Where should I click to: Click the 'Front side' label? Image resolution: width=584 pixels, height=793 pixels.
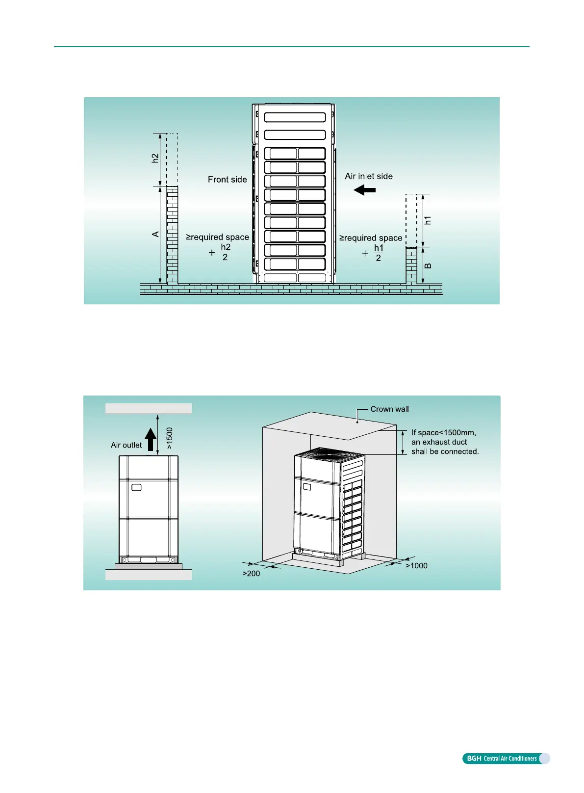pyautogui.click(x=227, y=180)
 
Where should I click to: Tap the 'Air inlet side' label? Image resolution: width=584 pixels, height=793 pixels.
pyautogui.click(x=369, y=176)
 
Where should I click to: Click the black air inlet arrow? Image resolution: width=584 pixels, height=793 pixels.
pyautogui.click(x=365, y=189)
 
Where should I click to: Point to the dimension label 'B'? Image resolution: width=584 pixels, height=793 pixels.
pyautogui.click(x=428, y=266)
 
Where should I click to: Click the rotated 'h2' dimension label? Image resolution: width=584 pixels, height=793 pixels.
pyautogui.click(x=155, y=159)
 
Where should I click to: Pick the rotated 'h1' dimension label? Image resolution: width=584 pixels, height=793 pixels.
pyautogui.click(x=428, y=220)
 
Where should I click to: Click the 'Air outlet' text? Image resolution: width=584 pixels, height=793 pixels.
pyautogui.click(x=126, y=445)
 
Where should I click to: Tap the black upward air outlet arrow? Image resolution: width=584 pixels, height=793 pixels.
pyautogui.click(x=151, y=440)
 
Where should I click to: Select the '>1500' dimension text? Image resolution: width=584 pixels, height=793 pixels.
pyautogui.click(x=170, y=438)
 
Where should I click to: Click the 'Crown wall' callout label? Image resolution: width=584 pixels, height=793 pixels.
pyautogui.click(x=389, y=409)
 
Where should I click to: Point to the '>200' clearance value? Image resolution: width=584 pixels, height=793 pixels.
pyautogui.click(x=251, y=573)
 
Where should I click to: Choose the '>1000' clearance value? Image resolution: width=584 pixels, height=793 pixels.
pyautogui.click(x=416, y=566)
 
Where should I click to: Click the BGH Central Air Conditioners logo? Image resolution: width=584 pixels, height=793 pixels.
pyautogui.click(x=506, y=759)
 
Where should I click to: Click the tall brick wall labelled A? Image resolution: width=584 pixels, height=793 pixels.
pyautogui.click(x=172, y=235)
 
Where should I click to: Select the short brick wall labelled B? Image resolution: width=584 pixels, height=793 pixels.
pyautogui.click(x=411, y=265)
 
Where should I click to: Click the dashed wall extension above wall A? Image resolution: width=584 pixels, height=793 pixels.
pyautogui.click(x=172, y=159)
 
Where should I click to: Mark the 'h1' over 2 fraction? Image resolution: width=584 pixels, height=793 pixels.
pyautogui.click(x=378, y=253)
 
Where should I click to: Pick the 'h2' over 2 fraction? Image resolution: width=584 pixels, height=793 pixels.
pyautogui.click(x=225, y=252)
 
